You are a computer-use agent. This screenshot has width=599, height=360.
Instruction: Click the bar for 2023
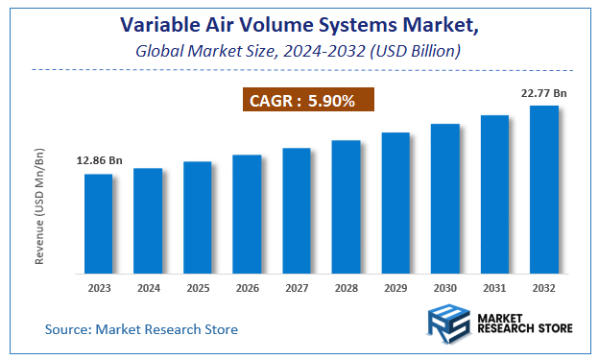(99, 223)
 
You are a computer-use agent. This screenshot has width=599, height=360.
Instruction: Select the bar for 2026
(247, 213)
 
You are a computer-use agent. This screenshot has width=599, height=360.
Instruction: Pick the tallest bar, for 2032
(543, 188)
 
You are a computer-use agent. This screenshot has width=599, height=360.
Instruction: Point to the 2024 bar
(148, 220)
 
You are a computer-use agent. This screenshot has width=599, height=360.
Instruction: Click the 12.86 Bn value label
(100, 160)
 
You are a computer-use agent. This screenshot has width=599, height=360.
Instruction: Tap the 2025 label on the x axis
(198, 287)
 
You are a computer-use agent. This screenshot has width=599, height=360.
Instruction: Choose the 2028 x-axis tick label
(346, 287)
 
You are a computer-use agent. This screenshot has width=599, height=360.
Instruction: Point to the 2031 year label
(494, 287)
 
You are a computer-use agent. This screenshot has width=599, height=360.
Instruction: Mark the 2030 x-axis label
(444, 287)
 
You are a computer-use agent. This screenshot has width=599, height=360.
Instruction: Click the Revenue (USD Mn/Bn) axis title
(40, 205)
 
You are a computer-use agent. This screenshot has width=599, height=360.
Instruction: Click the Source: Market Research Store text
(141, 329)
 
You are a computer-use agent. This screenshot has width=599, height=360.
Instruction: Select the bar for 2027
(297, 209)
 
